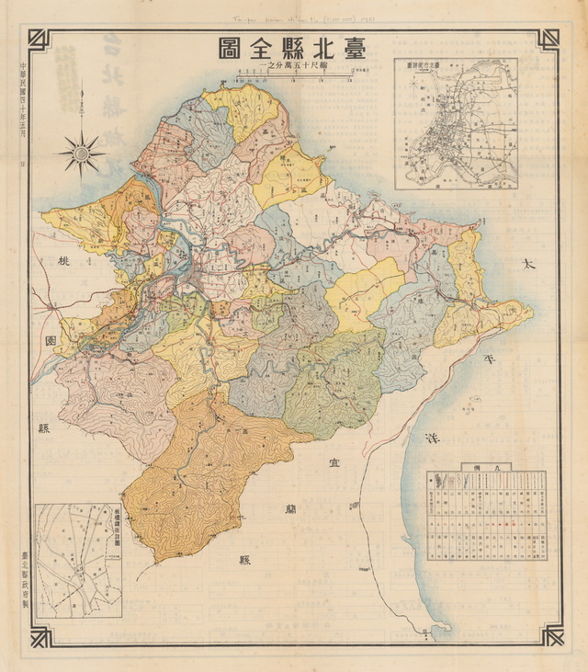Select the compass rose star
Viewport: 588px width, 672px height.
coord(82,151)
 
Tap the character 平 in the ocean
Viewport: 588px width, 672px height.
coord(501,359)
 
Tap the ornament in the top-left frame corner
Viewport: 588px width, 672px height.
coord(39,40)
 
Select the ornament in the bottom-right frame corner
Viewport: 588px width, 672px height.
coord(550,633)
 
